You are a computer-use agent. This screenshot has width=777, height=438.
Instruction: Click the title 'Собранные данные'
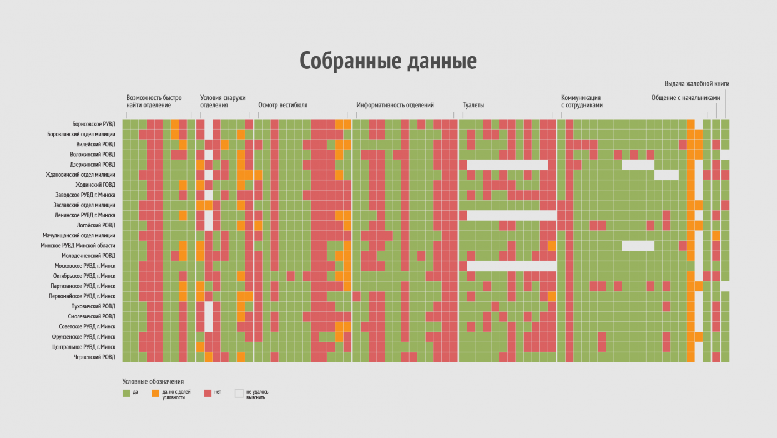coord(388,61)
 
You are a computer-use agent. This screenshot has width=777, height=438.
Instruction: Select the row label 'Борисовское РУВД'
coord(93,124)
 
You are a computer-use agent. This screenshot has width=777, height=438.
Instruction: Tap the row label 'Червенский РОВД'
coord(94,357)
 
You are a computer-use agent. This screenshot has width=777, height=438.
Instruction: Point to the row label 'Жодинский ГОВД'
coord(95,185)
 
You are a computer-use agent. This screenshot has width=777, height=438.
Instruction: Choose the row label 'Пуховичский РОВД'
coord(93,306)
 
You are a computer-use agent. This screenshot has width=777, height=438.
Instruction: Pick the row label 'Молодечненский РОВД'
coord(89,256)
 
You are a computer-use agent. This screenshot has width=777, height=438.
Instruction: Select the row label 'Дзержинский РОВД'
coord(93,165)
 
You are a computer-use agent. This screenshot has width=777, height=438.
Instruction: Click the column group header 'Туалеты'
coord(474,105)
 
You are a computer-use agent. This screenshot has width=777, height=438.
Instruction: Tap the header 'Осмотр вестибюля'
coord(282,105)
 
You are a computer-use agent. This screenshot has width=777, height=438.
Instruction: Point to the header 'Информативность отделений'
coord(395,105)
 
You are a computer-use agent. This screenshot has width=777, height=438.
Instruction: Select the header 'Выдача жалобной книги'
coord(697,84)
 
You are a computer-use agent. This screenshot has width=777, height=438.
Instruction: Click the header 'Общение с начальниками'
coord(686,98)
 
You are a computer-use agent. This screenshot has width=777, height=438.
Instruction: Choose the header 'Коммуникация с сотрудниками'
coord(582,101)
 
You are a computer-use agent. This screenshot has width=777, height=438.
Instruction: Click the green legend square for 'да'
coord(127,393)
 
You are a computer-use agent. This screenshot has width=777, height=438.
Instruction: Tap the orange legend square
coord(155,393)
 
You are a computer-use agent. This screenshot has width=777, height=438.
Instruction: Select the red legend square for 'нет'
coord(208,393)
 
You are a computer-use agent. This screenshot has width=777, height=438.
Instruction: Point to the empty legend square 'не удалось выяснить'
coord(239,393)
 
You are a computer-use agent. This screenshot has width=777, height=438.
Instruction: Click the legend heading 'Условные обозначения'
coord(153,381)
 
